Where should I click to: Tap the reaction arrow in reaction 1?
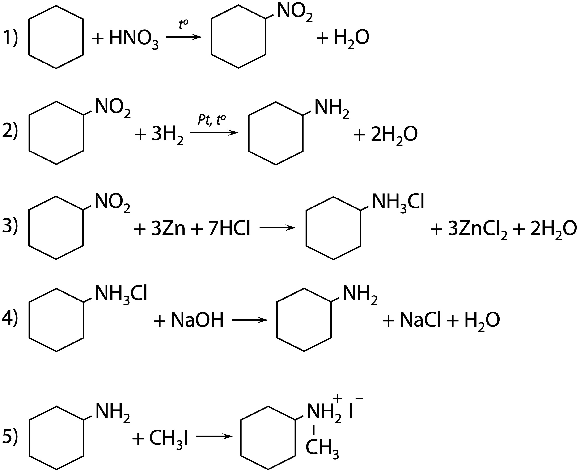(184, 37)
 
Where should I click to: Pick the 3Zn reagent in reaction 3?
(168, 229)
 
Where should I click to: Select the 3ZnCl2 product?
(478, 230)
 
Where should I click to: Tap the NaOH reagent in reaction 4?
(197, 320)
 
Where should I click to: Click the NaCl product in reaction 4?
(420, 320)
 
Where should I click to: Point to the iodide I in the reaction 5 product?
(351, 412)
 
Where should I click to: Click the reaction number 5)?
(10, 436)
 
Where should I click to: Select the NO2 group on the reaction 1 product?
(295, 13)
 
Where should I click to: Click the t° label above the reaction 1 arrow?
(184, 24)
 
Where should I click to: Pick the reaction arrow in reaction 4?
(250, 320)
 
